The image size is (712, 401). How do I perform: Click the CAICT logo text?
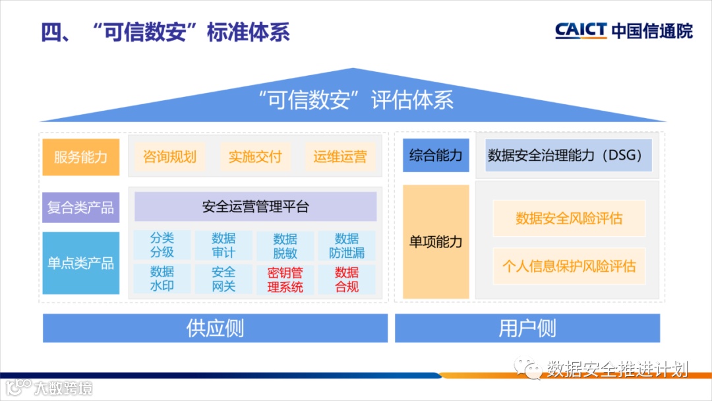580,30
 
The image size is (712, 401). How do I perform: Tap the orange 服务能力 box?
80,157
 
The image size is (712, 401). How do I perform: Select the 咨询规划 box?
169,157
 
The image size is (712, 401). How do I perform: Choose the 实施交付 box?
254,157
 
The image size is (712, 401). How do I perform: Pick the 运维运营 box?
340,157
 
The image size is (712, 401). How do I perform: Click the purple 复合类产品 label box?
80,208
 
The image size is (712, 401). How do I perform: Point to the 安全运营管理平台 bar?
255,207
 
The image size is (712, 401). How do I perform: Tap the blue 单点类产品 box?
80,263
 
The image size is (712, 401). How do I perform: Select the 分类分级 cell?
162,245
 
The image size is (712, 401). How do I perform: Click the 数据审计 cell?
223,245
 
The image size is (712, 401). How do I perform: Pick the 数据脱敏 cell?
285,245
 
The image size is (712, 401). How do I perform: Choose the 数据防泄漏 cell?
347,245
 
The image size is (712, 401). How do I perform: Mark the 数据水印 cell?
162,278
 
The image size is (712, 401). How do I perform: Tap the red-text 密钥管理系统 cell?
285,279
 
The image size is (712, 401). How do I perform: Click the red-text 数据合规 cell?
347,279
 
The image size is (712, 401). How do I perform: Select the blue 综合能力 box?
436,156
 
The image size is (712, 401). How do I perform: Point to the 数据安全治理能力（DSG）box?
568,156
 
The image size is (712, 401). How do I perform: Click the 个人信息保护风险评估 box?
569,266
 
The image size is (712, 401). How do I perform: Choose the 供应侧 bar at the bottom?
215,328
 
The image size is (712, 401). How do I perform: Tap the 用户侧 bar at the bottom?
527,328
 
